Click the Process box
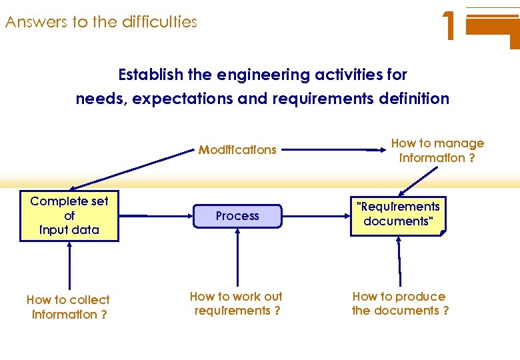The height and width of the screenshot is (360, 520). (x=237, y=216)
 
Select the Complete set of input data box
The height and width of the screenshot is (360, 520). (x=69, y=216)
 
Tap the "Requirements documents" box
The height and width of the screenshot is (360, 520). (x=398, y=214)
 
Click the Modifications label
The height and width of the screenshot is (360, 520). (x=237, y=150)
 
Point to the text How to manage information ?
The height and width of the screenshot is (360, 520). (x=437, y=151)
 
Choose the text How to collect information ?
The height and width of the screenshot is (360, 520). (x=69, y=307)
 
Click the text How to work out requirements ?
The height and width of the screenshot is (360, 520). (x=236, y=303)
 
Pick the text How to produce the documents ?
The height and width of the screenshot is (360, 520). (x=399, y=303)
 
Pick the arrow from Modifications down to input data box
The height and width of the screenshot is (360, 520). (x=133, y=170)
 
